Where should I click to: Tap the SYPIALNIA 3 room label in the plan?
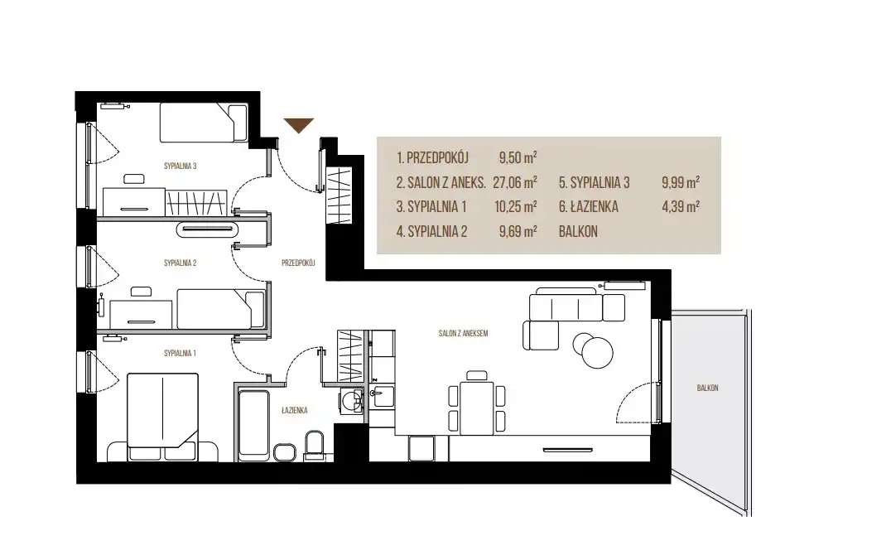pos(181,166)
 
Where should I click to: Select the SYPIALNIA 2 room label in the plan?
pos(181,263)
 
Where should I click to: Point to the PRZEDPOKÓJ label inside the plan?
pos(298,263)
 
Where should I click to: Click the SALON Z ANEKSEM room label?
pos(464,334)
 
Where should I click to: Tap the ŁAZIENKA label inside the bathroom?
pos(295,410)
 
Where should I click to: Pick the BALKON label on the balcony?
pos(707,388)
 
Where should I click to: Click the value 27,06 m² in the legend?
pos(515,182)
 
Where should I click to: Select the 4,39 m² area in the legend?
pos(681,207)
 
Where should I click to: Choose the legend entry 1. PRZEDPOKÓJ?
pos(433,157)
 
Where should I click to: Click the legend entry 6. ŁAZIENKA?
pos(589,207)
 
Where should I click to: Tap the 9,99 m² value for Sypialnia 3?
pos(681,182)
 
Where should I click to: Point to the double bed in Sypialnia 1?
pos(163,417)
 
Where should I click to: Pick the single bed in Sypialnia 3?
pos(204,122)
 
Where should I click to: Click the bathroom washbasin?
pos(352,400)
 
